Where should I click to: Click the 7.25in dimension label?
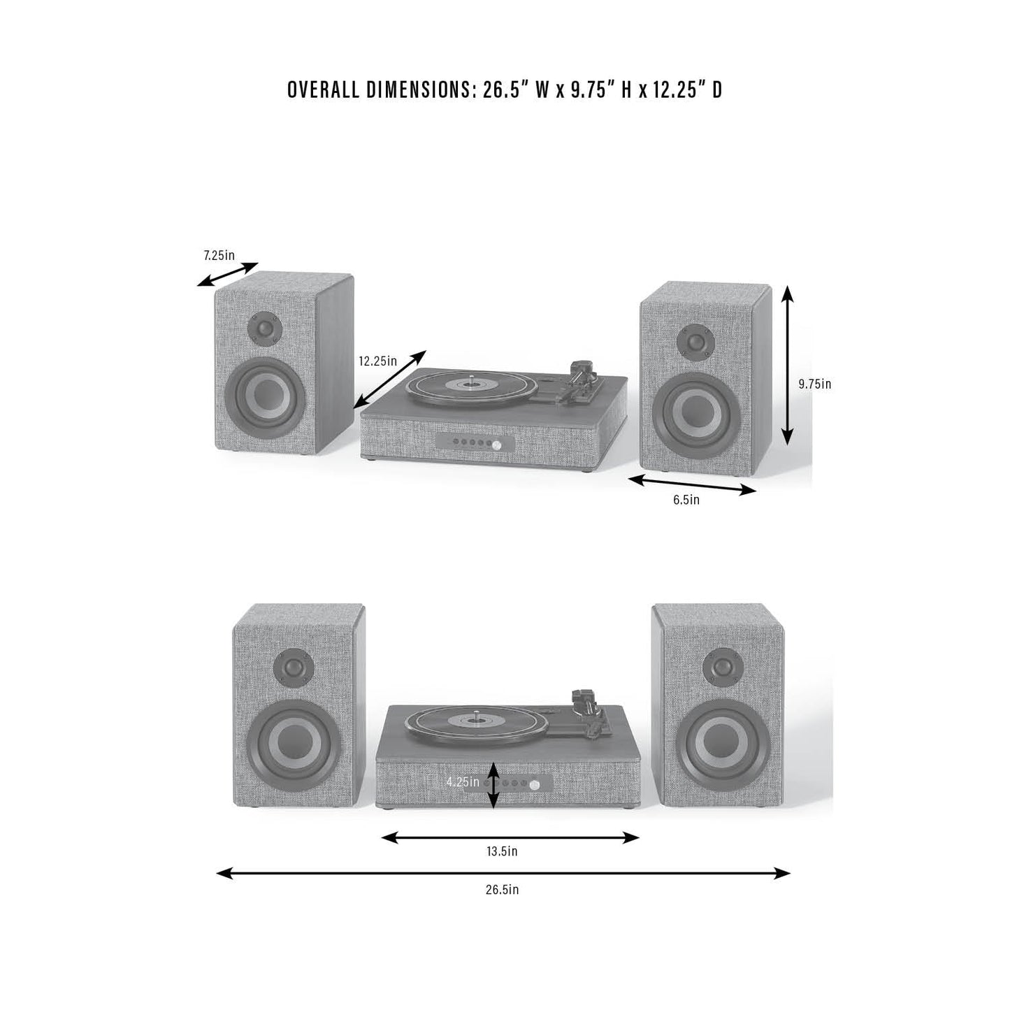(219, 256)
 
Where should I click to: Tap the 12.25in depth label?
(377, 361)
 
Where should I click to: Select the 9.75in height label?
(814, 384)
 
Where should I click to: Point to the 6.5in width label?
(686, 500)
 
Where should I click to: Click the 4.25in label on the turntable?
(463, 782)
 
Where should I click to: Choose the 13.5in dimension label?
(502, 851)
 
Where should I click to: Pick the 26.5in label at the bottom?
(502, 890)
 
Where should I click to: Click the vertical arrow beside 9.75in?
(787, 365)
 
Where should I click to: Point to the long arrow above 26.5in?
(503, 873)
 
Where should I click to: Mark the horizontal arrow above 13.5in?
(510, 837)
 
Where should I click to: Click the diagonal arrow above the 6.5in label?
(693, 484)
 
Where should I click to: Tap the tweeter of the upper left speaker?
(265, 329)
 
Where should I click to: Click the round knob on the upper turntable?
(496, 445)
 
